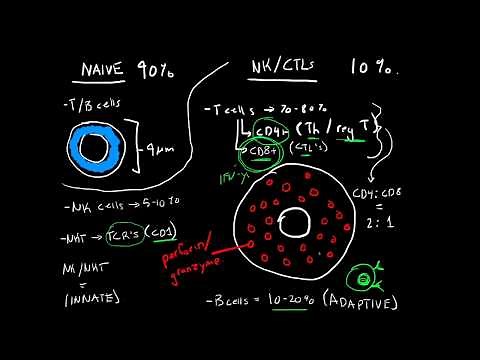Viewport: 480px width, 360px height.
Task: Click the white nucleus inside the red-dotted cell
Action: tap(297, 222)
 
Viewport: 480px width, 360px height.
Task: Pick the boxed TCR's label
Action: tap(121, 236)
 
